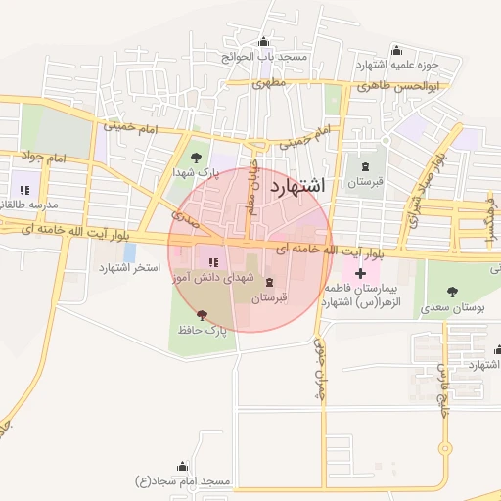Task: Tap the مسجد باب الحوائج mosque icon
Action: (x=263, y=41)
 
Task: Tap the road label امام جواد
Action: (x=45, y=158)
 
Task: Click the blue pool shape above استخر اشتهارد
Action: (x=130, y=252)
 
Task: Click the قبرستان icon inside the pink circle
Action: (x=268, y=282)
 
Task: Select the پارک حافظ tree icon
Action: (x=202, y=315)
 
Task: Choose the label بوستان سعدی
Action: (x=451, y=307)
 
